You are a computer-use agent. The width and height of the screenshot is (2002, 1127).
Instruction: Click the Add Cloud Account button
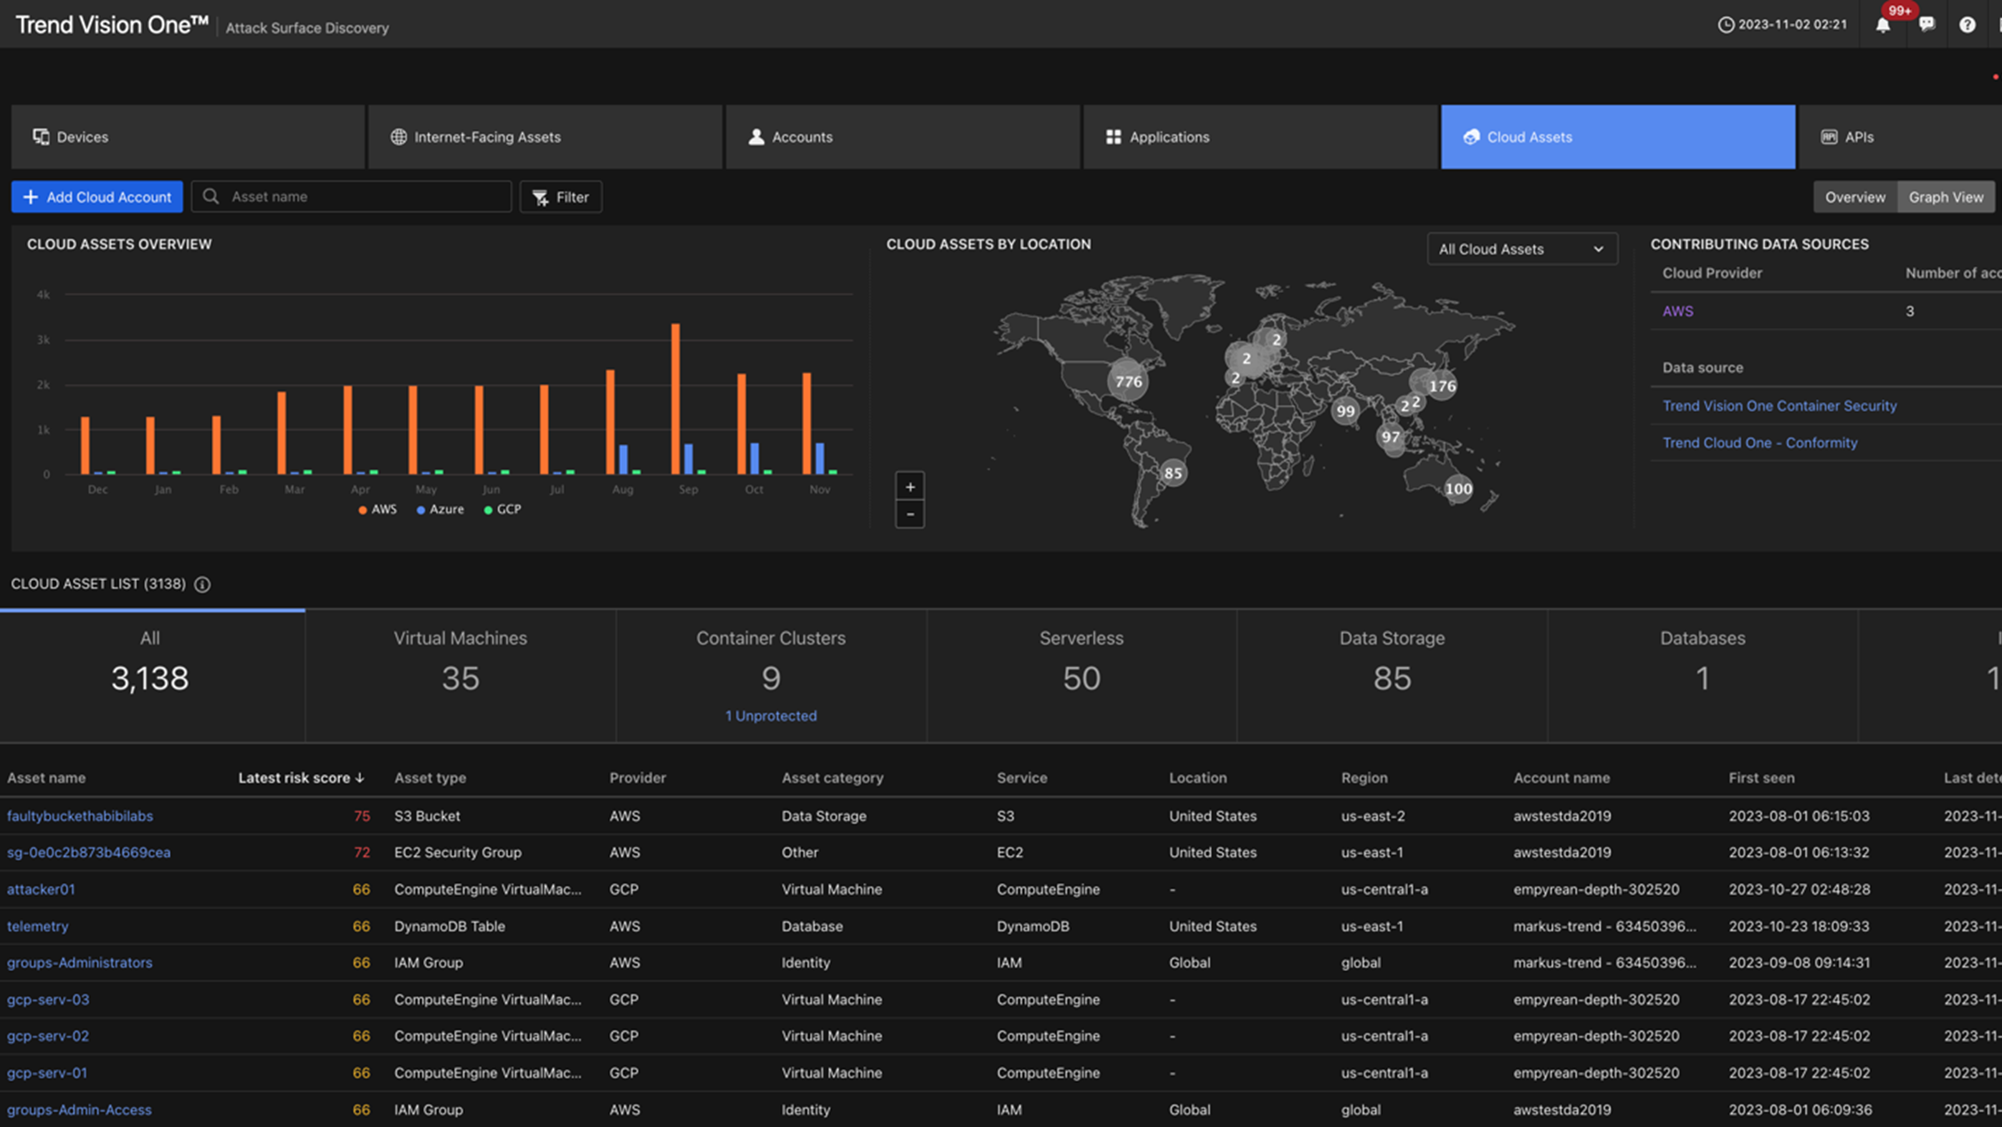point(97,196)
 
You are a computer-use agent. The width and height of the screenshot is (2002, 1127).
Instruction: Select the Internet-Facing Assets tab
point(487,137)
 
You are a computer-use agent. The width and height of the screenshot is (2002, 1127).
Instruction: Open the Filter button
point(560,196)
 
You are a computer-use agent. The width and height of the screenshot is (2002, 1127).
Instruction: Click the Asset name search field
point(365,196)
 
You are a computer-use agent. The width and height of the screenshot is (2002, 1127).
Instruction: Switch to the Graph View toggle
point(1945,196)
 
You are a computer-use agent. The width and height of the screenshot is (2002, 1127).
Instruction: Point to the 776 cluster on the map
point(1128,381)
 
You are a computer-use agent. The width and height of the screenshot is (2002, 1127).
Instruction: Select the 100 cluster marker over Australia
point(1458,488)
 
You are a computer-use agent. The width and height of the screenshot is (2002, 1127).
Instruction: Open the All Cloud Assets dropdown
point(1521,249)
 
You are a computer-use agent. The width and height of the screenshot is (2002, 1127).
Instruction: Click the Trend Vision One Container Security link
point(1779,406)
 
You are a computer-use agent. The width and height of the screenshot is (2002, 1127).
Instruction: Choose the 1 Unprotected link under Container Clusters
point(771,716)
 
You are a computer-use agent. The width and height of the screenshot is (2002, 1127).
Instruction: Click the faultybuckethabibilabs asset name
point(80,816)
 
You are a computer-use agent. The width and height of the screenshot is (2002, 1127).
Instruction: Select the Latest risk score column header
point(300,778)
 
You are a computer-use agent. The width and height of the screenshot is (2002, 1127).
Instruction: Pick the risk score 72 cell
point(362,853)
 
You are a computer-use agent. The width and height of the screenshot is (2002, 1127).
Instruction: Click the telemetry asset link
point(38,926)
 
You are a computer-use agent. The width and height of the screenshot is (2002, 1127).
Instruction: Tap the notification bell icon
point(1882,26)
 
